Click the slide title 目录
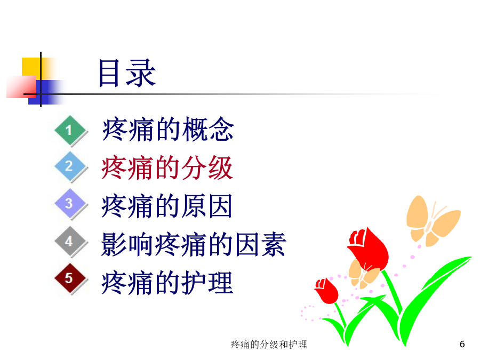pyautogui.click(x=127, y=73)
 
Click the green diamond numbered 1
pyautogui.click(x=70, y=131)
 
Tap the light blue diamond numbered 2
pyautogui.click(x=70, y=166)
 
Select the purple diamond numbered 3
pyautogui.click(x=70, y=204)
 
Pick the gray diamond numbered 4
pyautogui.click(x=70, y=241)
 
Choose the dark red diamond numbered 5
pyautogui.click(x=70, y=278)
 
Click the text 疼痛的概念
pyautogui.click(x=168, y=130)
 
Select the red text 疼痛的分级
pyautogui.click(x=167, y=168)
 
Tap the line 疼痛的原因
pyautogui.click(x=167, y=206)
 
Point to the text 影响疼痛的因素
pyautogui.click(x=194, y=244)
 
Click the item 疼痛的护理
pyautogui.click(x=167, y=283)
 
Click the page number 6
pyautogui.click(x=462, y=344)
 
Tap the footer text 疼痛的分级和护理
pyautogui.click(x=269, y=345)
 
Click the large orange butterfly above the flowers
pyautogui.click(x=432, y=220)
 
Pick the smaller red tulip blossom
pyautogui.click(x=326, y=291)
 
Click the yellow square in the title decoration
pyautogui.click(x=31, y=67)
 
